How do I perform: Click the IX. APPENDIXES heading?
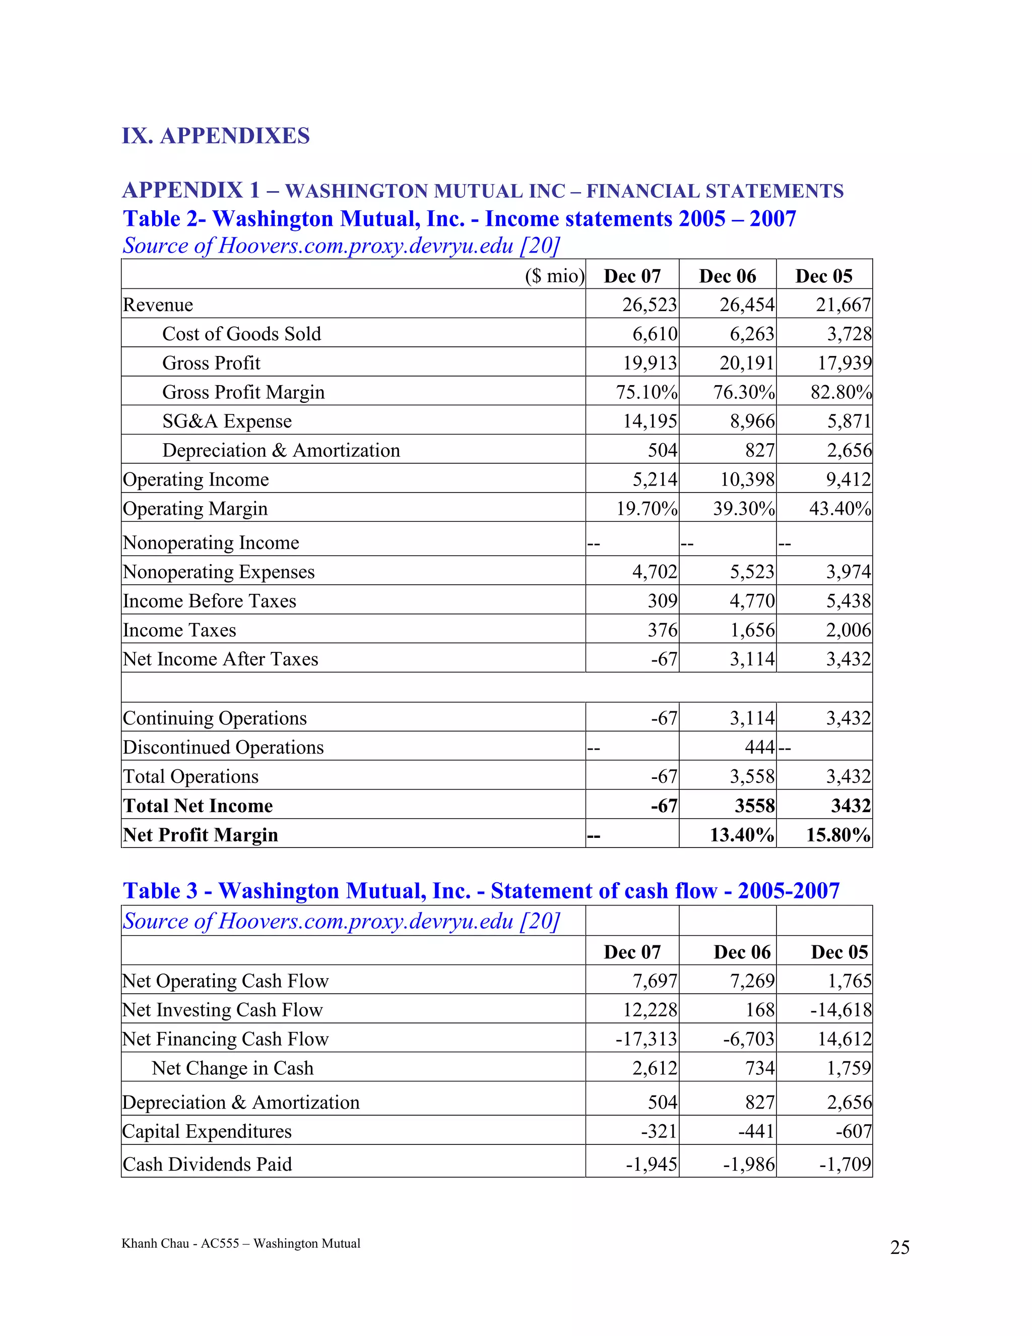pos(215,136)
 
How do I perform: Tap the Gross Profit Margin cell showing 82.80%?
pos(841,392)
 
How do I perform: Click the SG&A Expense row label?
pos(227,421)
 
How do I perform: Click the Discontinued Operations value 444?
pos(759,747)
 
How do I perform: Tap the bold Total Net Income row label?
pos(198,806)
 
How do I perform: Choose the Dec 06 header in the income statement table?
pos(728,276)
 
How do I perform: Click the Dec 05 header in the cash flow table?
pos(839,952)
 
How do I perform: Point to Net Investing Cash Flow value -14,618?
pos(841,1010)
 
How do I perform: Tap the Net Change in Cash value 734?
pos(759,1068)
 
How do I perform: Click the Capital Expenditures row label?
pos(207,1131)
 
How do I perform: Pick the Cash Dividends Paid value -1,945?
pos(651,1164)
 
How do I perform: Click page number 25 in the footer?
pos(899,1247)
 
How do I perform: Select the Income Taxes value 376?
pos(662,630)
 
